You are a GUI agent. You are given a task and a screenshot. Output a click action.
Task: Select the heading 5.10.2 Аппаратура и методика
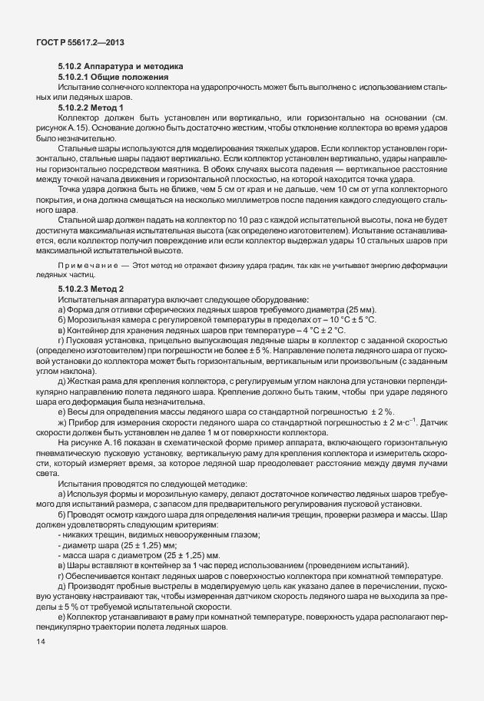coord(120,68)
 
